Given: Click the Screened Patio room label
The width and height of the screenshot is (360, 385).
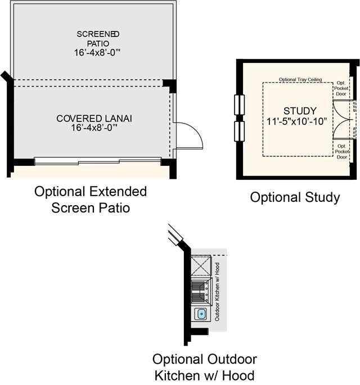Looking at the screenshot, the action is (x=98, y=39).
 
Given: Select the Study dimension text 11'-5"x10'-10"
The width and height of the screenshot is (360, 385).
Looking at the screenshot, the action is (x=297, y=121).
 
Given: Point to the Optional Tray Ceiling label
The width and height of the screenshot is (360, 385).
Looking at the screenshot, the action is (x=300, y=80).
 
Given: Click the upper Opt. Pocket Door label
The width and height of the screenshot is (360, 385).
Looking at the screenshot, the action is (x=341, y=88).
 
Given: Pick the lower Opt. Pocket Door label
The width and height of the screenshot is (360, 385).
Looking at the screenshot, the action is (x=342, y=152).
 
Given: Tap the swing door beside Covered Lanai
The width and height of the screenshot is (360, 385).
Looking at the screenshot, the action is (x=188, y=135).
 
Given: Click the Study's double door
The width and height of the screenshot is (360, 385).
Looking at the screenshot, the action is (x=343, y=120).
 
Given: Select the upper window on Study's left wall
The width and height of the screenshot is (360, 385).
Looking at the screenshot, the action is (x=239, y=105).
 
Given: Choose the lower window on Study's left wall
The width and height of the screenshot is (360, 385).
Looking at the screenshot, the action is (x=239, y=132).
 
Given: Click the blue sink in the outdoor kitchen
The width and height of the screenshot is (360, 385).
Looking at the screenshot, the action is (x=201, y=314).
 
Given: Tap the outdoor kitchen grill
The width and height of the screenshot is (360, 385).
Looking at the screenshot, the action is (x=201, y=292).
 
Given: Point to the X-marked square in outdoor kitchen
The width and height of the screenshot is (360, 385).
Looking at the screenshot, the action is (x=201, y=266).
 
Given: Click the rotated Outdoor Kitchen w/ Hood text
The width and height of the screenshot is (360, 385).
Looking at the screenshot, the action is (x=217, y=292).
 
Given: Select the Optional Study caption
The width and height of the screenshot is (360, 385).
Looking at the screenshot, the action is (x=295, y=197).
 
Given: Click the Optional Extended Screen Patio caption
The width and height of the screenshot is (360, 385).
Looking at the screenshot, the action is (x=91, y=200).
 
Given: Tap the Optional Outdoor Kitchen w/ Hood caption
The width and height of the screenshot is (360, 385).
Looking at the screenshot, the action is (x=205, y=368).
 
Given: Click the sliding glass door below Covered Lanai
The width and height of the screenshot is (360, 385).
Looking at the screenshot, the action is (x=98, y=161).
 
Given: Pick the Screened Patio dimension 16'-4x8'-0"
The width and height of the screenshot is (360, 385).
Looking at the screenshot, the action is (x=97, y=52).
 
